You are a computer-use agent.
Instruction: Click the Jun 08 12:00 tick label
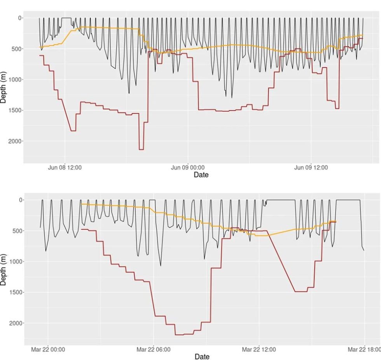click(x=65, y=168)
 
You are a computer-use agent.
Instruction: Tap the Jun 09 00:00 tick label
click(x=188, y=168)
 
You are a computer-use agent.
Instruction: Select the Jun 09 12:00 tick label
click(x=311, y=168)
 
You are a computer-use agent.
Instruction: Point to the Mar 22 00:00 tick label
click(x=48, y=350)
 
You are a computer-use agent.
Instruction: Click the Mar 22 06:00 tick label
click(x=154, y=350)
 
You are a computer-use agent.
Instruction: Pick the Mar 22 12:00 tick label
click(x=259, y=350)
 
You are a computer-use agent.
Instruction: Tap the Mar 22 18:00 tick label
click(x=364, y=350)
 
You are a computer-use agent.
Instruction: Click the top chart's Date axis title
click(x=201, y=175)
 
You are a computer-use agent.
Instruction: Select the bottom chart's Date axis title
click(x=201, y=357)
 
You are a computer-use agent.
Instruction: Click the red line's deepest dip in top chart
click(x=141, y=149)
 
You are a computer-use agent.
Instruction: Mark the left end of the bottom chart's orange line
click(x=81, y=204)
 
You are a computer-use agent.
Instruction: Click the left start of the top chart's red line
click(x=40, y=56)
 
